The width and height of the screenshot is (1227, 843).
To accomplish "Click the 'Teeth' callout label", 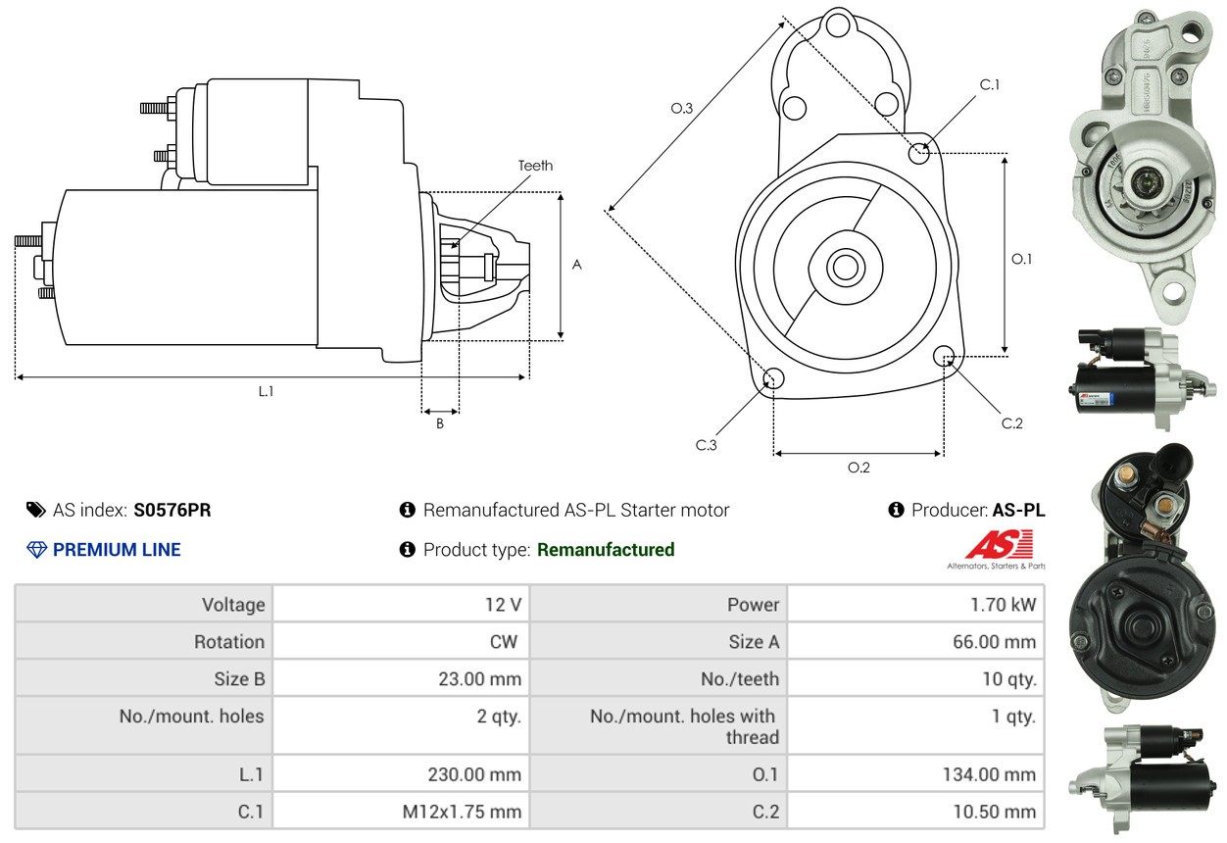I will pyautogui.click(x=535, y=166).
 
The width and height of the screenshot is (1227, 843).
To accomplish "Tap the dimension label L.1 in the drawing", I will pyautogui.click(x=266, y=391).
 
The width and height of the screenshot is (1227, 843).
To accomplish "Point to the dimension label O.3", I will pyautogui.click(x=682, y=109).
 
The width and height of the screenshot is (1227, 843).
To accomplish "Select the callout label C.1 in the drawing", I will pyautogui.click(x=990, y=85).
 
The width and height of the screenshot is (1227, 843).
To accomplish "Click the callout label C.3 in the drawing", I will pyautogui.click(x=707, y=445).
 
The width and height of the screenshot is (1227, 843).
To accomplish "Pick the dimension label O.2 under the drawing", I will pyautogui.click(x=859, y=468).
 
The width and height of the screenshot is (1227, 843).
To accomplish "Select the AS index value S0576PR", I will pyautogui.click(x=172, y=510).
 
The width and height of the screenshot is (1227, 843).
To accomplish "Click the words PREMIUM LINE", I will pyautogui.click(x=117, y=550).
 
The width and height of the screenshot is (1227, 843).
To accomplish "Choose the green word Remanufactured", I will pyautogui.click(x=606, y=550).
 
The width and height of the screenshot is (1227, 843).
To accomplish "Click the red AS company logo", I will pyautogui.click(x=999, y=545).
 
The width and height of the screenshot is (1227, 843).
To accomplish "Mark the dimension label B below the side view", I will pyautogui.click(x=440, y=424).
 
